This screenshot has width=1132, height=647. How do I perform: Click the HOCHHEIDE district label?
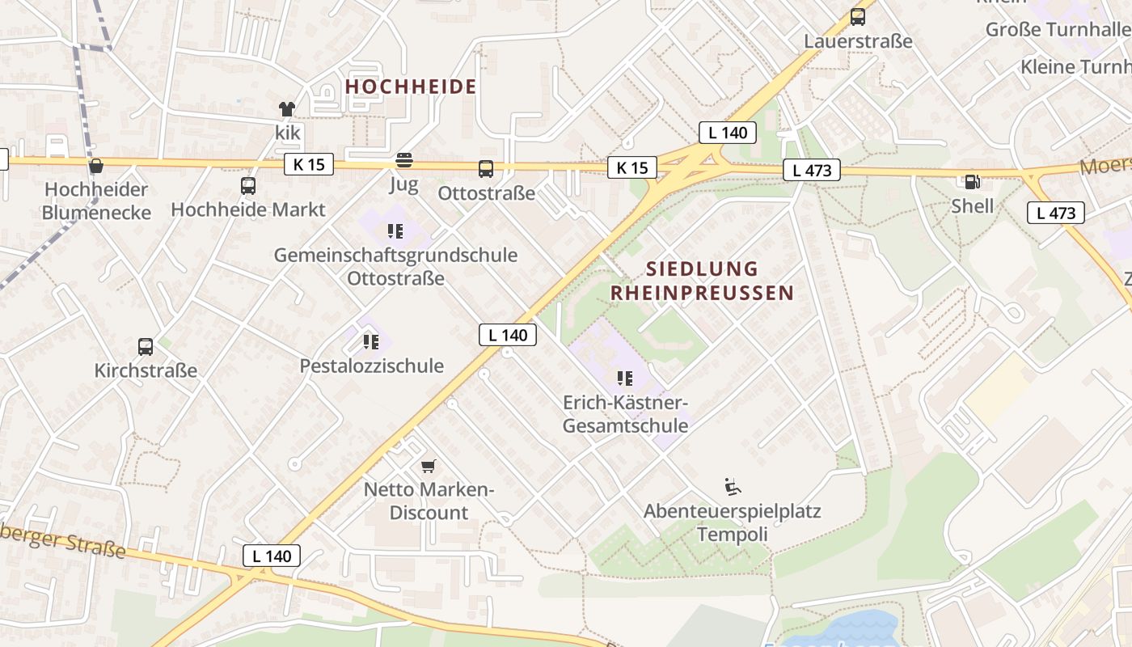411,87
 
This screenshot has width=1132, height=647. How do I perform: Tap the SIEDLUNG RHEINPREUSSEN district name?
702,281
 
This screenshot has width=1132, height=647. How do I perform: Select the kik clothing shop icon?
287,108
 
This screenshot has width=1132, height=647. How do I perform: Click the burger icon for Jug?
403,160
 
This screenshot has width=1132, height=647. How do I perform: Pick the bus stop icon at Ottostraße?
486,168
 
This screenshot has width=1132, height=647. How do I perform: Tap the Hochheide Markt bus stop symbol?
248,185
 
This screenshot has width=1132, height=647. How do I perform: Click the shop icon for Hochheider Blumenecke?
96,166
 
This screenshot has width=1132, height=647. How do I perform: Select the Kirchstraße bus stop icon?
146,346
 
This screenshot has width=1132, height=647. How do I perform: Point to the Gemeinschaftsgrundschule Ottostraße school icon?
395,231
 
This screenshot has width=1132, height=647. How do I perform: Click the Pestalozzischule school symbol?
371,341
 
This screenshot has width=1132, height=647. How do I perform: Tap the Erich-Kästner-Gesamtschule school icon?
624,378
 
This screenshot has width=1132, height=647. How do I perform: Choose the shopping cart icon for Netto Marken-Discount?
429,465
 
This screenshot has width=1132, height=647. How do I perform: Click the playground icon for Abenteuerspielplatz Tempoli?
732,486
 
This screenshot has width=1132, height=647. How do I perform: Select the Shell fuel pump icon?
972,182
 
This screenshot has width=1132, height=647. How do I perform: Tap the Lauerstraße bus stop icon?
858,16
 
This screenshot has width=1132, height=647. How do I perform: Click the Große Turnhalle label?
1058,30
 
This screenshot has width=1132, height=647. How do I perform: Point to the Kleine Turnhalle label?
1075,66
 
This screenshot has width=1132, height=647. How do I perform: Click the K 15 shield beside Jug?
309,164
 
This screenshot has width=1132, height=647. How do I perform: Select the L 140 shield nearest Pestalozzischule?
507,334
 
